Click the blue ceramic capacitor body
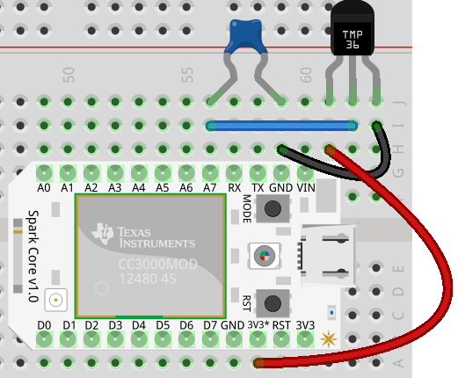245,35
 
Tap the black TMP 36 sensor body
353,28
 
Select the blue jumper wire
281,126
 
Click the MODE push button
273,208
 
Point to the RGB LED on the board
265,256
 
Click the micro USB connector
328,256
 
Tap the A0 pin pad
44,173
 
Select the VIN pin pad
305,173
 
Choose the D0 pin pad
44,339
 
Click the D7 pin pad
210,339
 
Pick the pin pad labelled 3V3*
258,339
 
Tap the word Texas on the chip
134,232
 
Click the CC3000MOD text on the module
158,265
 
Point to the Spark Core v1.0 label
33,256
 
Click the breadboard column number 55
187,75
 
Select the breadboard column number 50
69,75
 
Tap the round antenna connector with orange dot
55,300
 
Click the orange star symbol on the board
329,339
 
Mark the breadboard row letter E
399,268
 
